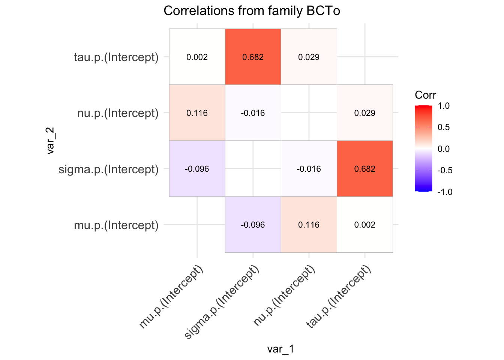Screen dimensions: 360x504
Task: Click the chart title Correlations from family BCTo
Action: coord(252,11)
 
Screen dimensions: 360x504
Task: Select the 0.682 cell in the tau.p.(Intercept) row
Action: coord(253,57)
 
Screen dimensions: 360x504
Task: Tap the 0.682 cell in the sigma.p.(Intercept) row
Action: coord(364,169)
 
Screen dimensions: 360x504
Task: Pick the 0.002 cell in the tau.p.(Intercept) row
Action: coord(197,57)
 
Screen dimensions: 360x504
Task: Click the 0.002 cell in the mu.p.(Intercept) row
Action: coord(364,225)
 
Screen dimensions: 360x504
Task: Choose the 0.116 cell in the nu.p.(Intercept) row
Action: coord(197,113)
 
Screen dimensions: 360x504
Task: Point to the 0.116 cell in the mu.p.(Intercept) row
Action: coord(309,225)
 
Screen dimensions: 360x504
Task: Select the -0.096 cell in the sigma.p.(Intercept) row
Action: coord(197,169)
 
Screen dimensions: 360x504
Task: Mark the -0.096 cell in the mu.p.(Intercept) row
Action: coord(253,225)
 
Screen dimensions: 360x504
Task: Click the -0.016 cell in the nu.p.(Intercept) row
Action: coord(253,113)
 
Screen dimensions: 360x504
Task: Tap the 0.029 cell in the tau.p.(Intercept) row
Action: coord(309,57)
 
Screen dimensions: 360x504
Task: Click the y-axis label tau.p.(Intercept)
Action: coord(116,57)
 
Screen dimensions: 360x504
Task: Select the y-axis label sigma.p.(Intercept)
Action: coord(109,169)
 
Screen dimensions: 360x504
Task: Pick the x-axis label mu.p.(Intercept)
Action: coord(172,297)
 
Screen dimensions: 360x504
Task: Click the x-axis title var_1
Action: coord(280,349)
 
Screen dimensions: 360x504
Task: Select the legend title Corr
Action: coord(425,95)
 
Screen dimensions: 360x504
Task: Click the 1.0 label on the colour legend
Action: coord(444,106)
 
